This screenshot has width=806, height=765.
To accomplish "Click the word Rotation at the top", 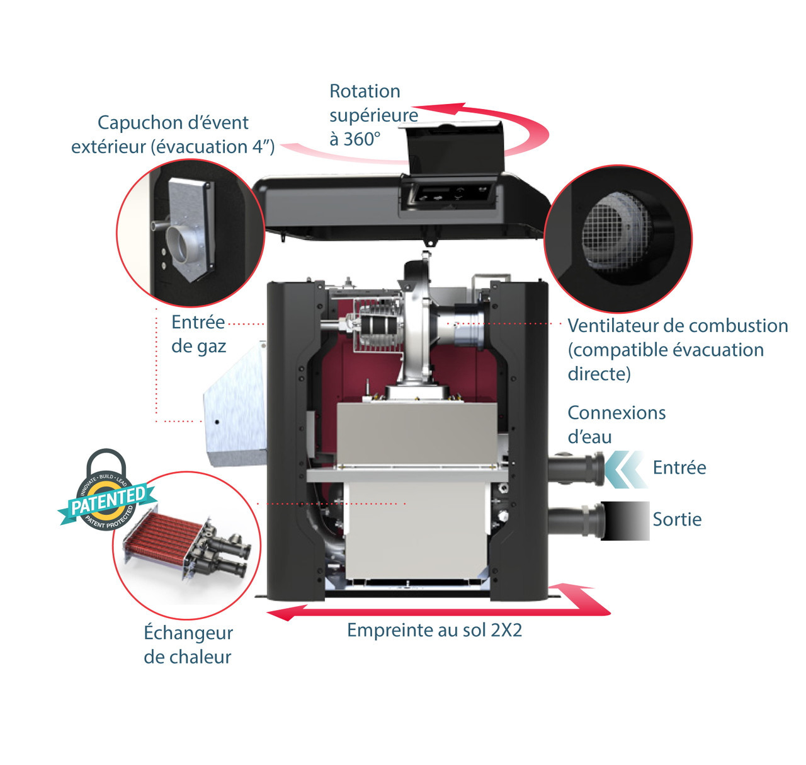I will click(365, 91).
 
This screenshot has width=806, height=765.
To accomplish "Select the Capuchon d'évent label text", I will click(173, 123).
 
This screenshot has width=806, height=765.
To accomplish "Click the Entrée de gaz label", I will click(198, 334).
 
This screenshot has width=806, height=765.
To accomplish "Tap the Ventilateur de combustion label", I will click(678, 326).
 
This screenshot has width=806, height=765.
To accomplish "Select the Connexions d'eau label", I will click(616, 424).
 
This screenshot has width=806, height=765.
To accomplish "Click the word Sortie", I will click(677, 519).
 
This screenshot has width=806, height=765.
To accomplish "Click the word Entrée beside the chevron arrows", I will click(679, 468).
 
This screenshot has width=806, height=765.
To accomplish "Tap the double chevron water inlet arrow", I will click(620, 469).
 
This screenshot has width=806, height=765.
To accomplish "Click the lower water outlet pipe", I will click(574, 521).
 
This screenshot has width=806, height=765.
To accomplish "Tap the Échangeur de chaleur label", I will click(188, 645).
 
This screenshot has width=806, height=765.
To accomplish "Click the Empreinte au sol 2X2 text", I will click(434, 630).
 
